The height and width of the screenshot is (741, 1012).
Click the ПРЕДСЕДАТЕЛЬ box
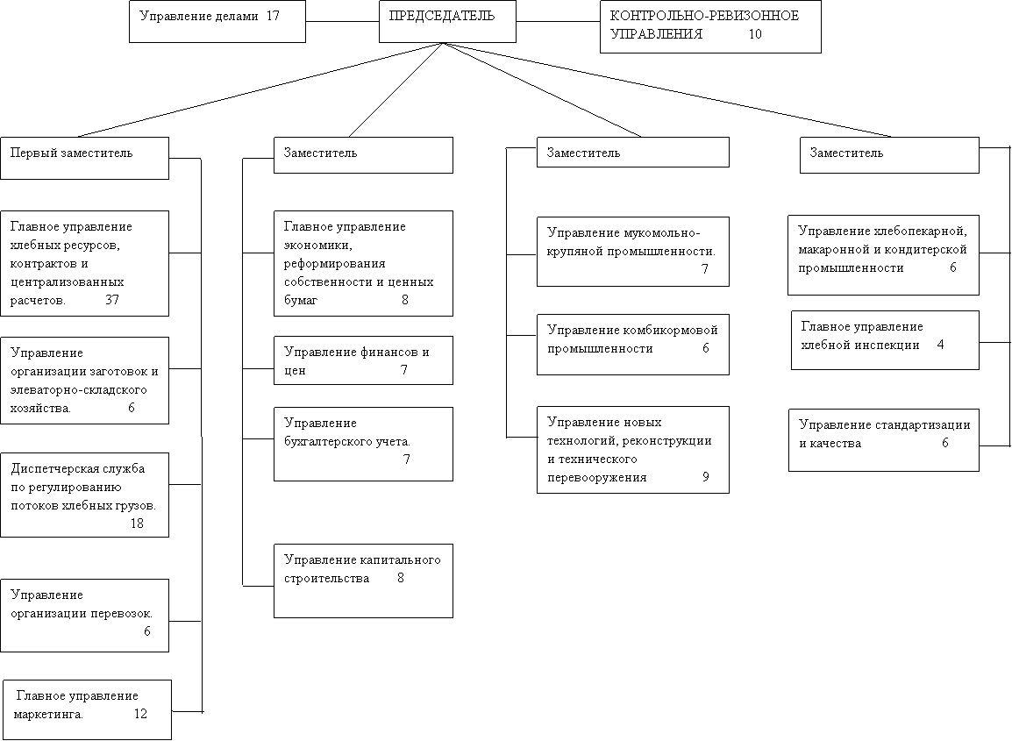click(x=447, y=21)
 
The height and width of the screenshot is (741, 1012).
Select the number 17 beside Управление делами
click(x=273, y=16)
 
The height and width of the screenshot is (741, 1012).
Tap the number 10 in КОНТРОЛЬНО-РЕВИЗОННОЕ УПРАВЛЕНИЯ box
click(x=755, y=34)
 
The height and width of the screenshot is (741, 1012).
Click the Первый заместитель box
click(x=84, y=158)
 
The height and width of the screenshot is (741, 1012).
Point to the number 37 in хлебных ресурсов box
click(x=112, y=300)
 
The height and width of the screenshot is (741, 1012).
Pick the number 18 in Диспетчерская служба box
click(x=137, y=524)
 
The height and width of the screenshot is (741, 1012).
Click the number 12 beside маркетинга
click(x=140, y=714)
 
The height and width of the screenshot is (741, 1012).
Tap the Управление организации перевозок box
click(x=84, y=615)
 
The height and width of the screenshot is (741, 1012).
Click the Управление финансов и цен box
click(x=363, y=360)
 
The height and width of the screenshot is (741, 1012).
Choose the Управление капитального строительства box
click(x=363, y=581)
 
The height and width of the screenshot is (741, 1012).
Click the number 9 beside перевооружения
click(x=705, y=477)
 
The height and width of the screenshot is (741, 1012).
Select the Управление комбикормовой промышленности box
click(x=633, y=345)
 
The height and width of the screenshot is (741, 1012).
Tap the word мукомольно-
click(x=662, y=233)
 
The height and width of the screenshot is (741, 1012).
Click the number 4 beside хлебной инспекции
click(x=940, y=345)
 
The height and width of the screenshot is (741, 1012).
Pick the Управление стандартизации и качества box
click(x=884, y=439)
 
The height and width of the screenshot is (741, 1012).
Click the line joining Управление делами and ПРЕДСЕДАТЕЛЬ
click(x=342, y=22)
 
